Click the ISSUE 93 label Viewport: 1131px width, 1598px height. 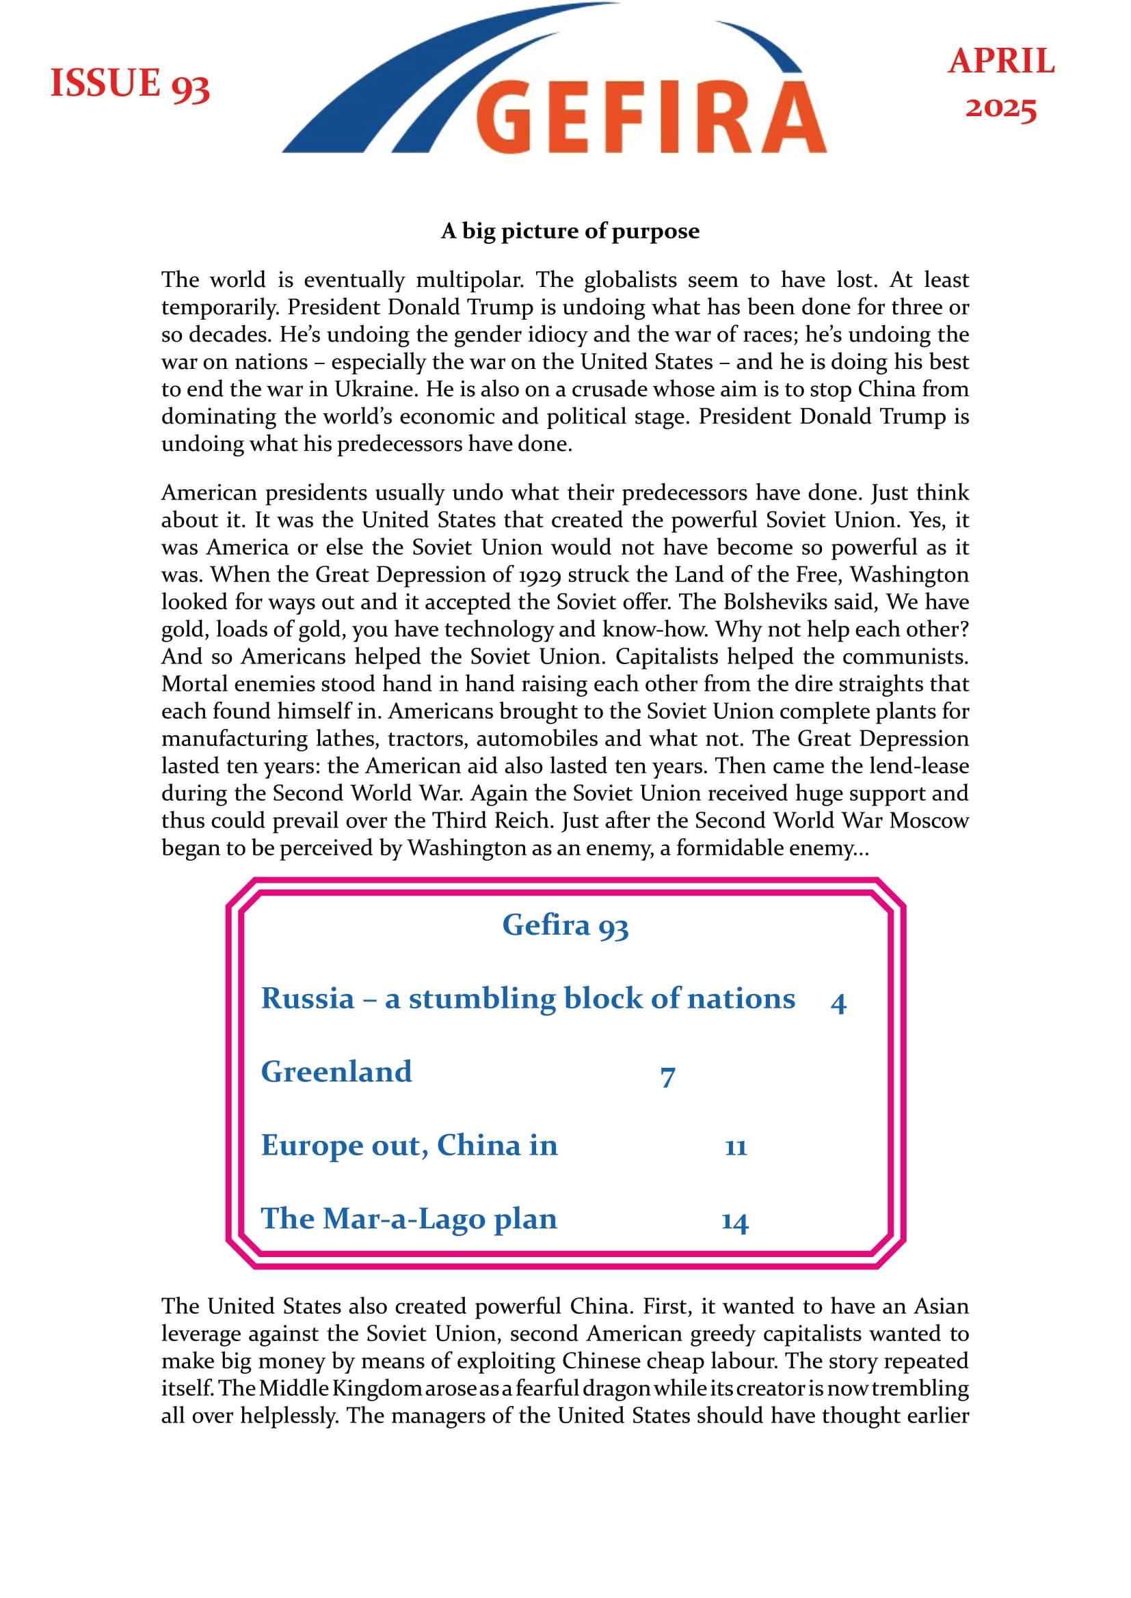[x=129, y=84]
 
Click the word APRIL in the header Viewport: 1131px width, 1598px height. [x=1001, y=61]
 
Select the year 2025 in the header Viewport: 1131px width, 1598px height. [x=1001, y=108]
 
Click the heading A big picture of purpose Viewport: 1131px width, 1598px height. [x=570, y=230]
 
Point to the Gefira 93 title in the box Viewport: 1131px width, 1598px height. [x=565, y=926]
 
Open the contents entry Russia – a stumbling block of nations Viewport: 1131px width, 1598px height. [x=528, y=999]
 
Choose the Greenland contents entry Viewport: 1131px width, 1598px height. [x=336, y=1072]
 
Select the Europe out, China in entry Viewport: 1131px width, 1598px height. [x=410, y=1145]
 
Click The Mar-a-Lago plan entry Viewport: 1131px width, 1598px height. [x=409, y=1218]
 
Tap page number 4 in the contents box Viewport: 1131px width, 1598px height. [x=838, y=1003]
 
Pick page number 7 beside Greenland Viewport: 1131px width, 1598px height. [x=667, y=1077]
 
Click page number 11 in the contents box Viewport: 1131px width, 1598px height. [x=736, y=1147]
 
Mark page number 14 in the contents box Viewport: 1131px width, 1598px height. [x=734, y=1222]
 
